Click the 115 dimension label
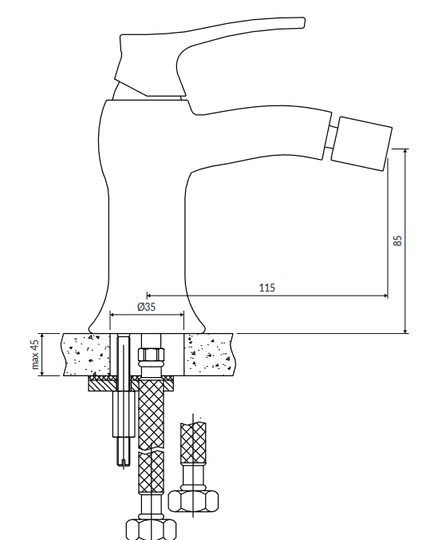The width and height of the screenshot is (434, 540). tap(267, 288)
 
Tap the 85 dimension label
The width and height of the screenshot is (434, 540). tap(397, 240)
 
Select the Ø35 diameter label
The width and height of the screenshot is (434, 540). tap(147, 307)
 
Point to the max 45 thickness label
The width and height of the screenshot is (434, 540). tap(35, 355)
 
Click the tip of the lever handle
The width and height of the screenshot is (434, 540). tap(303, 22)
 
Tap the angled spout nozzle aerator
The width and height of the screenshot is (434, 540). tap(361, 143)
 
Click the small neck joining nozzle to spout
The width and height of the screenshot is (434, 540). tap(329, 137)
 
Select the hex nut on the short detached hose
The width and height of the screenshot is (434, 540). tap(193, 500)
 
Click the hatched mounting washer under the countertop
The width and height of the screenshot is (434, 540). tap(131, 383)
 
